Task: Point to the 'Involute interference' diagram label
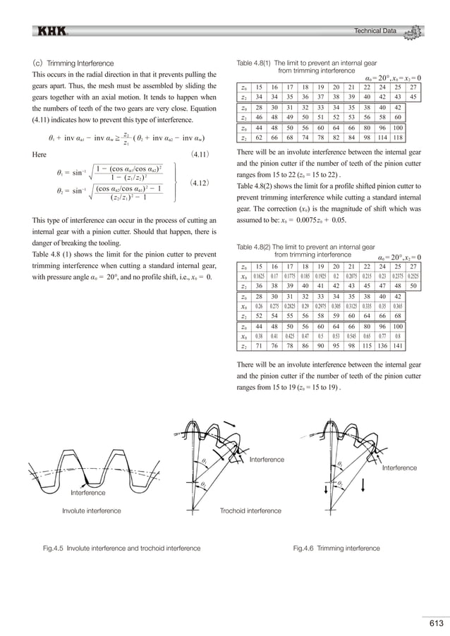point(91,510)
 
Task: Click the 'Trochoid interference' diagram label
point(250,510)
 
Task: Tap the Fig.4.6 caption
point(336,547)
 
